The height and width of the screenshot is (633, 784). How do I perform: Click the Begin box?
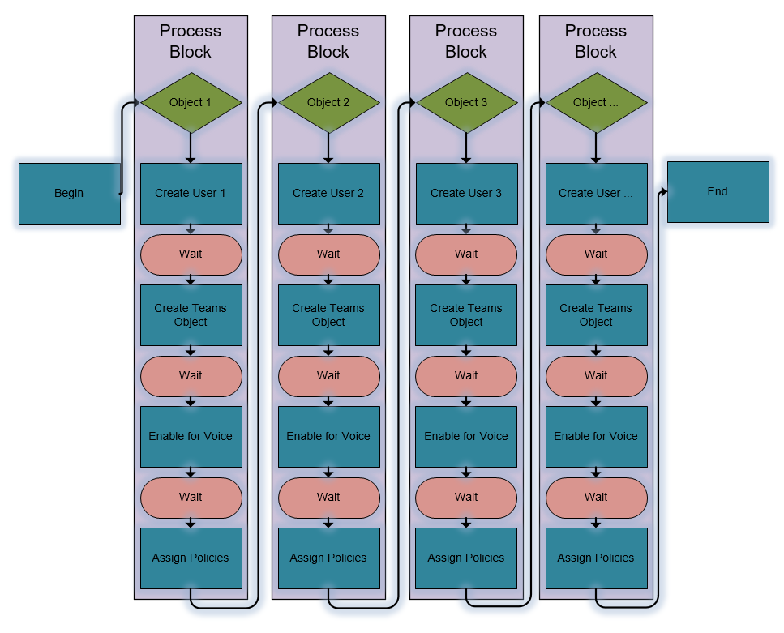pyautogui.click(x=70, y=194)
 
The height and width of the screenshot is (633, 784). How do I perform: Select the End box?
pyautogui.click(x=718, y=192)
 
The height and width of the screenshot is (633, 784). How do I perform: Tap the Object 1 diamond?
pyautogui.click(x=191, y=102)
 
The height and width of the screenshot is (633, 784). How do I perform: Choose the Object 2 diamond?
pyautogui.click(x=329, y=102)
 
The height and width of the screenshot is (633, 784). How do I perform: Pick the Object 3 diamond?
pyautogui.click(x=467, y=102)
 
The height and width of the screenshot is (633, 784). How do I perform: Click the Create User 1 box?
pyautogui.click(x=191, y=194)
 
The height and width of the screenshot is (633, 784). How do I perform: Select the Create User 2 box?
pyautogui.click(x=329, y=194)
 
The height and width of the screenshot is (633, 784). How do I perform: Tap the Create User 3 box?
pyautogui.click(x=467, y=194)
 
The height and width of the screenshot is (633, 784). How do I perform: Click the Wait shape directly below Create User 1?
pyautogui.click(x=191, y=254)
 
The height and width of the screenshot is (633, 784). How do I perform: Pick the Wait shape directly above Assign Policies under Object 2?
pyautogui.click(x=329, y=498)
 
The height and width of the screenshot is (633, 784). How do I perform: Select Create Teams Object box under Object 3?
pyautogui.click(x=466, y=315)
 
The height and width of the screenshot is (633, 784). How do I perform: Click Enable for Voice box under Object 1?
pyautogui.click(x=191, y=437)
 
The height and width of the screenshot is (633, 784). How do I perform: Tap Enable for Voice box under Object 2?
pyautogui.click(x=329, y=437)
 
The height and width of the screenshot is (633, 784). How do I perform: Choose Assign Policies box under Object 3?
pyautogui.click(x=466, y=558)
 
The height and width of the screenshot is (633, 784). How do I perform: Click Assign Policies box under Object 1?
pyautogui.click(x=191, y=558)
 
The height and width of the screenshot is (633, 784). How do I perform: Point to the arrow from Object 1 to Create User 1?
pyautogui.click(x=191, y=148)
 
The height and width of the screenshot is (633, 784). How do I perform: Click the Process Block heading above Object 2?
pyautogui.click(x=328, y=41)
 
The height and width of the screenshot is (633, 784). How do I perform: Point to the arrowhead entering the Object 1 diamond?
pyautogui.click(x=136, y=102)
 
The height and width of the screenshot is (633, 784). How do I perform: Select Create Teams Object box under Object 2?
pyautogui.click(x=329, y=315)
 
